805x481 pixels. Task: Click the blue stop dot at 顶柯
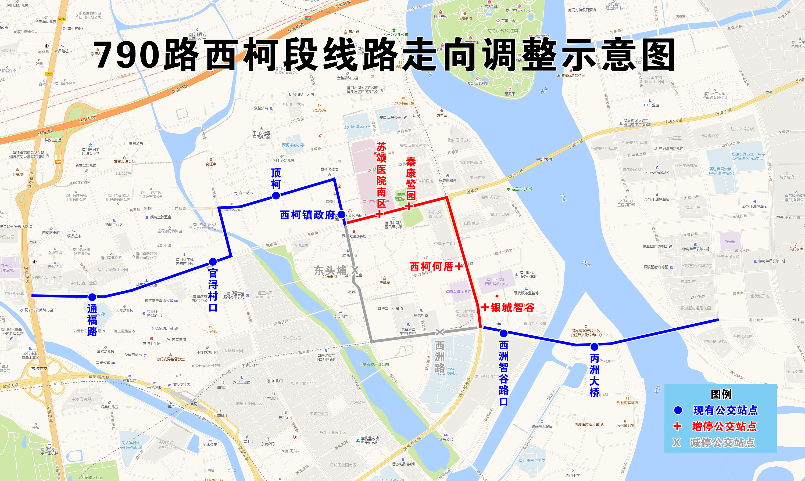pyautogui.click(x=276, y=196)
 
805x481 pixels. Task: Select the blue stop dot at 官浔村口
pyautogui.click(x=213, y=262)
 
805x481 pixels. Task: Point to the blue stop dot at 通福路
pyautogui.click(x=92, y=297)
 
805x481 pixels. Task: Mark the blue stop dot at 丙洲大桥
pyautogui.click(x=594, y=347)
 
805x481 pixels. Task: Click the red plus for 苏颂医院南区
pyautogui.click(x=380, y=214)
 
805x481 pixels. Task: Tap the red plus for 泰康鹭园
pyautogui.click(x=409, y=206)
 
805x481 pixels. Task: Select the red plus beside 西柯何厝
pyautogui.click(x=459, y=266)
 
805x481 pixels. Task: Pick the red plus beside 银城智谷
pyautogui.click(x=485, y=307)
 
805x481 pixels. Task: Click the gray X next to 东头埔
pyautogui.click(x=355, y=270)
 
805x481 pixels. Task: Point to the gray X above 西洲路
pyautogui.click(x=439, y=332)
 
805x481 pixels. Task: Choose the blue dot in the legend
pyautogui.click(x=678, y=410)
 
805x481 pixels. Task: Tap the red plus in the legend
pyautogui.click(x=677, y=426)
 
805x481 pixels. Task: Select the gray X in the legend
pyautogui.click(x=677, y=442)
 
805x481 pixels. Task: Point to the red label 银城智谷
pyautogui.click(x=513, y=307)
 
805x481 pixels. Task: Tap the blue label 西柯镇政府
pyautogui.click(x=307, y=215)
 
